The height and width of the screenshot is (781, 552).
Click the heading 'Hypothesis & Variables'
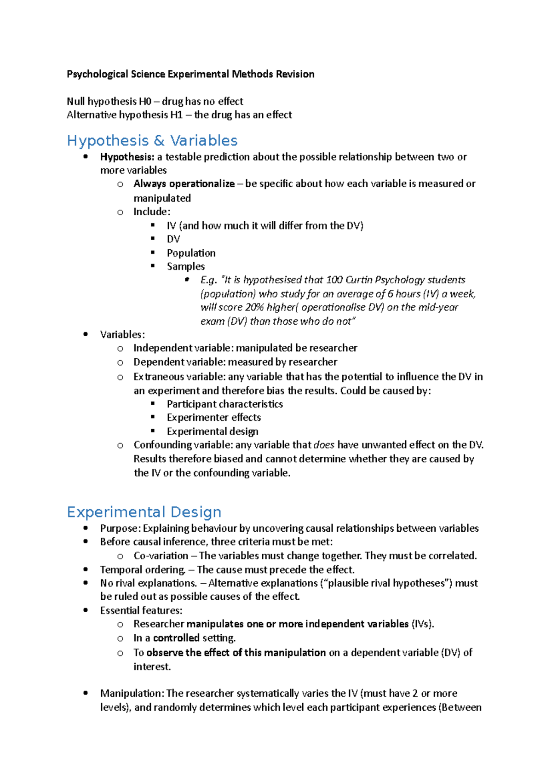click(152, 140)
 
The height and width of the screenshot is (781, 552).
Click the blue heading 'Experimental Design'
click(144, 512)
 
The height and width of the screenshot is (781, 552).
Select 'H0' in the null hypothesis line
click(145, 101)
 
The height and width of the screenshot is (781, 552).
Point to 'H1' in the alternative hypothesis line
click(176, 115)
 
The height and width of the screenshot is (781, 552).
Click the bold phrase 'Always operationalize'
click(184, 184)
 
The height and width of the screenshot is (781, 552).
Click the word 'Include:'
click(152, 212)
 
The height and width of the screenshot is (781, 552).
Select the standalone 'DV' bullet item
click(173, 239)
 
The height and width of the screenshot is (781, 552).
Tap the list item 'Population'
click(191, 253)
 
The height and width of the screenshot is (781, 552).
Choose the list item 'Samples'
click(185, 266)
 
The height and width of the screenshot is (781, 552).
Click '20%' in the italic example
click(254, 307)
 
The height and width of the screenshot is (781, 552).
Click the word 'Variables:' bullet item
click(122, 334)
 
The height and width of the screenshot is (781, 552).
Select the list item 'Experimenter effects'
click(213, 417)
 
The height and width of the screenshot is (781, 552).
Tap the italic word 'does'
click(323, 445)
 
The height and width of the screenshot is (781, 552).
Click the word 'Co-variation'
click(161, 556)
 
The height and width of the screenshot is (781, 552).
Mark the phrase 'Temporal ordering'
click(142, 569)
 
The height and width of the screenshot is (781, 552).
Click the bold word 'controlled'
click(176, 638)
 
